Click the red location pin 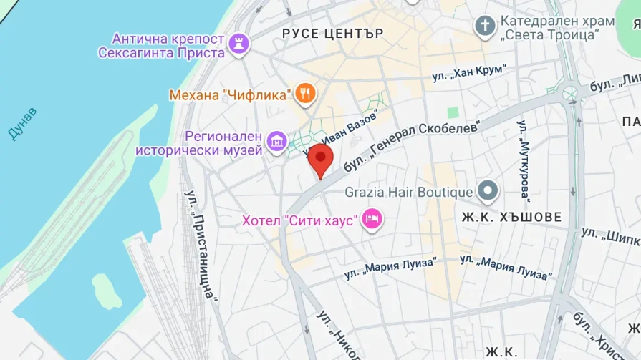click(320, 160)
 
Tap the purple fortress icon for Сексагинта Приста click(237, 45)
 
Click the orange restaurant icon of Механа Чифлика click(306, 93)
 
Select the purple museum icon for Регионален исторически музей click(276, 141)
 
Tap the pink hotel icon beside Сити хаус click(371, 219)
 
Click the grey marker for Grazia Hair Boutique click(488, 191)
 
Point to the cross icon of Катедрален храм click(485, 26)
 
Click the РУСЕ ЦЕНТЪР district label click(332, 33)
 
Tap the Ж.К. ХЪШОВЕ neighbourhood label click(511, 216)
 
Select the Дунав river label click(21, 124)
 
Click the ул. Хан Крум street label click(469, 72)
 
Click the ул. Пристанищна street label click(201, 243)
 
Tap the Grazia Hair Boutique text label click(408, 192)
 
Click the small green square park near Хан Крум click(453, 113)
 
